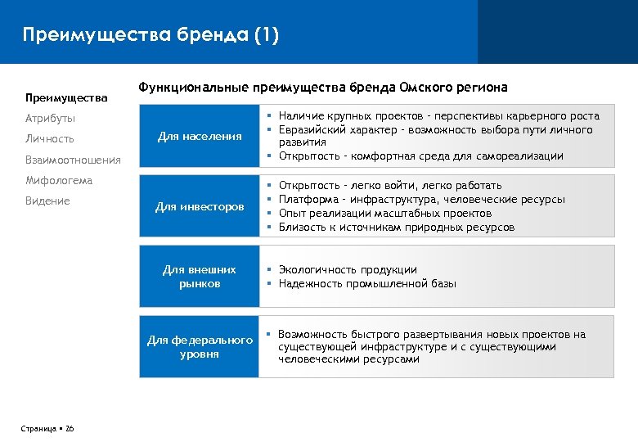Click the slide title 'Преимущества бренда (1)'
click(x=151, y=35)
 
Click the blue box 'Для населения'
click(x=200, y=136)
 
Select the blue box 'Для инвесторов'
click(x=200, y=207)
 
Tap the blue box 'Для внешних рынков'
click(x=200, y=277)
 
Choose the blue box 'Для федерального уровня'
click(x=200, y=347)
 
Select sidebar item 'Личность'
click(x=49, y=139)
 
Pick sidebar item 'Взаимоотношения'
click(x=72, y=160)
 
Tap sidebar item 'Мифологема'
click(x=58, y=180)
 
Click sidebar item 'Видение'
click(x=47, y=201)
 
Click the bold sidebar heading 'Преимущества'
click(x=66, y=98)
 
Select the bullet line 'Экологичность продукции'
click(x=348, y=269)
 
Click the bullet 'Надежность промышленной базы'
click(x=367, y=283)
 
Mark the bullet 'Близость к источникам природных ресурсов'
click(x=397, y=228)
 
